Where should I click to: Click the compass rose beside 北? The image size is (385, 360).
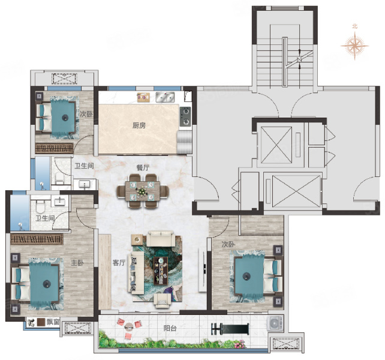(354, 46)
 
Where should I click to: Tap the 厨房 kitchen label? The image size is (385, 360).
(139, 125)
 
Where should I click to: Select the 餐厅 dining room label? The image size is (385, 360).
(143, 167)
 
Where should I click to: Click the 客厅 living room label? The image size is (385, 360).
(119, 263)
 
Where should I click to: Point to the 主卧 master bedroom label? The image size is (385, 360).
(77, 263)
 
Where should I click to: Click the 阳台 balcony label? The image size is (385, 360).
(170, 328)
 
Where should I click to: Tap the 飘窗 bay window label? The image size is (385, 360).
(53, 322)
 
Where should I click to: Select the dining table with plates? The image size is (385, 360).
(143, 191)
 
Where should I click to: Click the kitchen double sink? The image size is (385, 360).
(166, 97)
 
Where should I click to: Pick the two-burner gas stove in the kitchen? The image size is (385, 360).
(185, 116)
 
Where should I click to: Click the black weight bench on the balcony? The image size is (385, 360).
(230, 329)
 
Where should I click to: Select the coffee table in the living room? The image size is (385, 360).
(161, 271)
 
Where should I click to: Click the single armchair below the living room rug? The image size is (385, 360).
(163, 301)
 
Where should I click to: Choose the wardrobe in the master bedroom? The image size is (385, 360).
(37, 239)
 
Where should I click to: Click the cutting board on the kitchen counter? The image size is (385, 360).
(143, 97)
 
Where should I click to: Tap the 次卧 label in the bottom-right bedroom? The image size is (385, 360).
(228, 244)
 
